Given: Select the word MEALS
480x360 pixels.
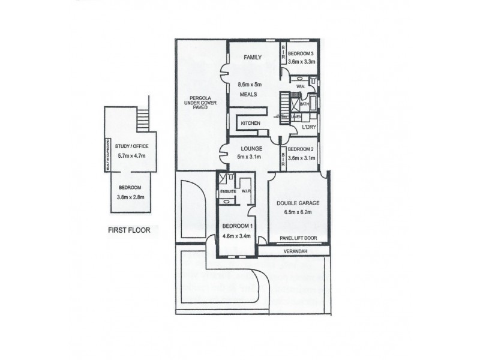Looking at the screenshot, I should pos(250,95).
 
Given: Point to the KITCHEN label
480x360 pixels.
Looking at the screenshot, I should pos(250,123).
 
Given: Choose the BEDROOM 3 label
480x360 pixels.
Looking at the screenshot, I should pos(301,53).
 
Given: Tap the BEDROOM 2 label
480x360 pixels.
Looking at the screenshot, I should pos(301,149).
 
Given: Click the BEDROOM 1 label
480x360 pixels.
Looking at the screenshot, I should pos(236,226).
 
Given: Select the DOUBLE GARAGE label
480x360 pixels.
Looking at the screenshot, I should pos(298,203).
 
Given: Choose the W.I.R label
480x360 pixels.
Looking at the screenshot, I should pos(245,192).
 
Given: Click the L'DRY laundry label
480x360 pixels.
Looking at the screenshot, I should pos(309,127).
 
